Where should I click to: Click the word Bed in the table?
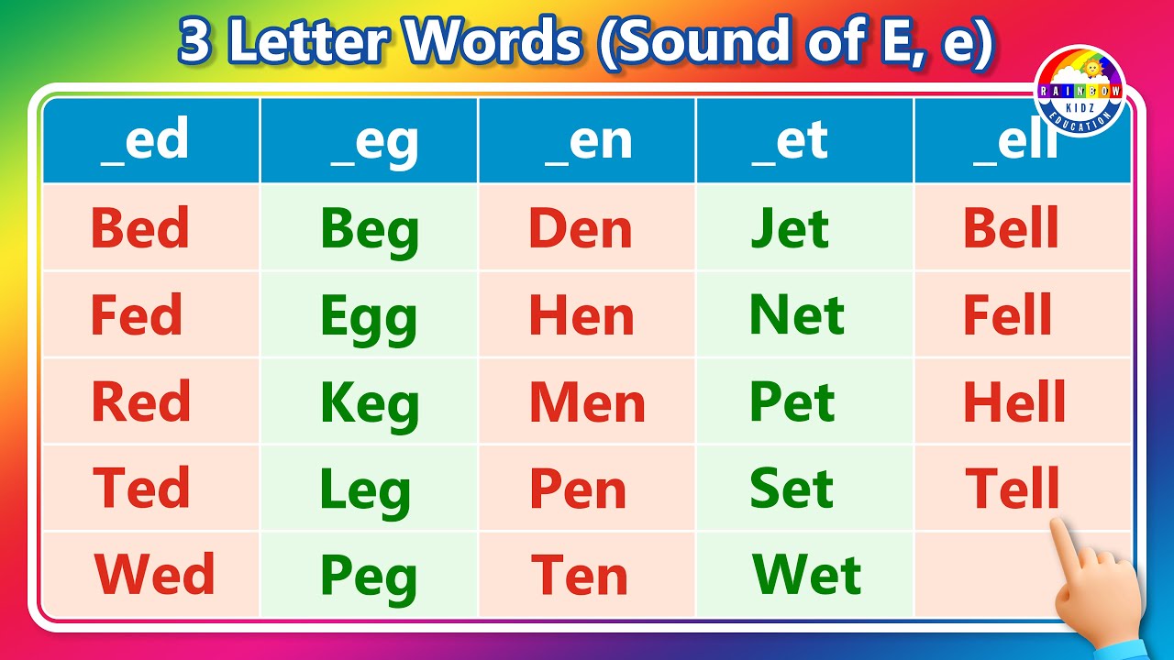(139, 228)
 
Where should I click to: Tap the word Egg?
(369, 317)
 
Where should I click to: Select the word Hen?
(581, 316)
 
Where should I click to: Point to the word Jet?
(790, 228)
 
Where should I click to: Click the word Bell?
(1011, 228)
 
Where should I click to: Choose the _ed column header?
(145, 141)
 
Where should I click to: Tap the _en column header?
(588, 141)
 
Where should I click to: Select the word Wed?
(154, 575)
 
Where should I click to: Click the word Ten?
(580, 575)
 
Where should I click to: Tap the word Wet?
(806, 575)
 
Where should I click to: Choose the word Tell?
(1013, 488)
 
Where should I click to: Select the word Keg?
(370, 404)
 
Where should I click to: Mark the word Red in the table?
(141, 402)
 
